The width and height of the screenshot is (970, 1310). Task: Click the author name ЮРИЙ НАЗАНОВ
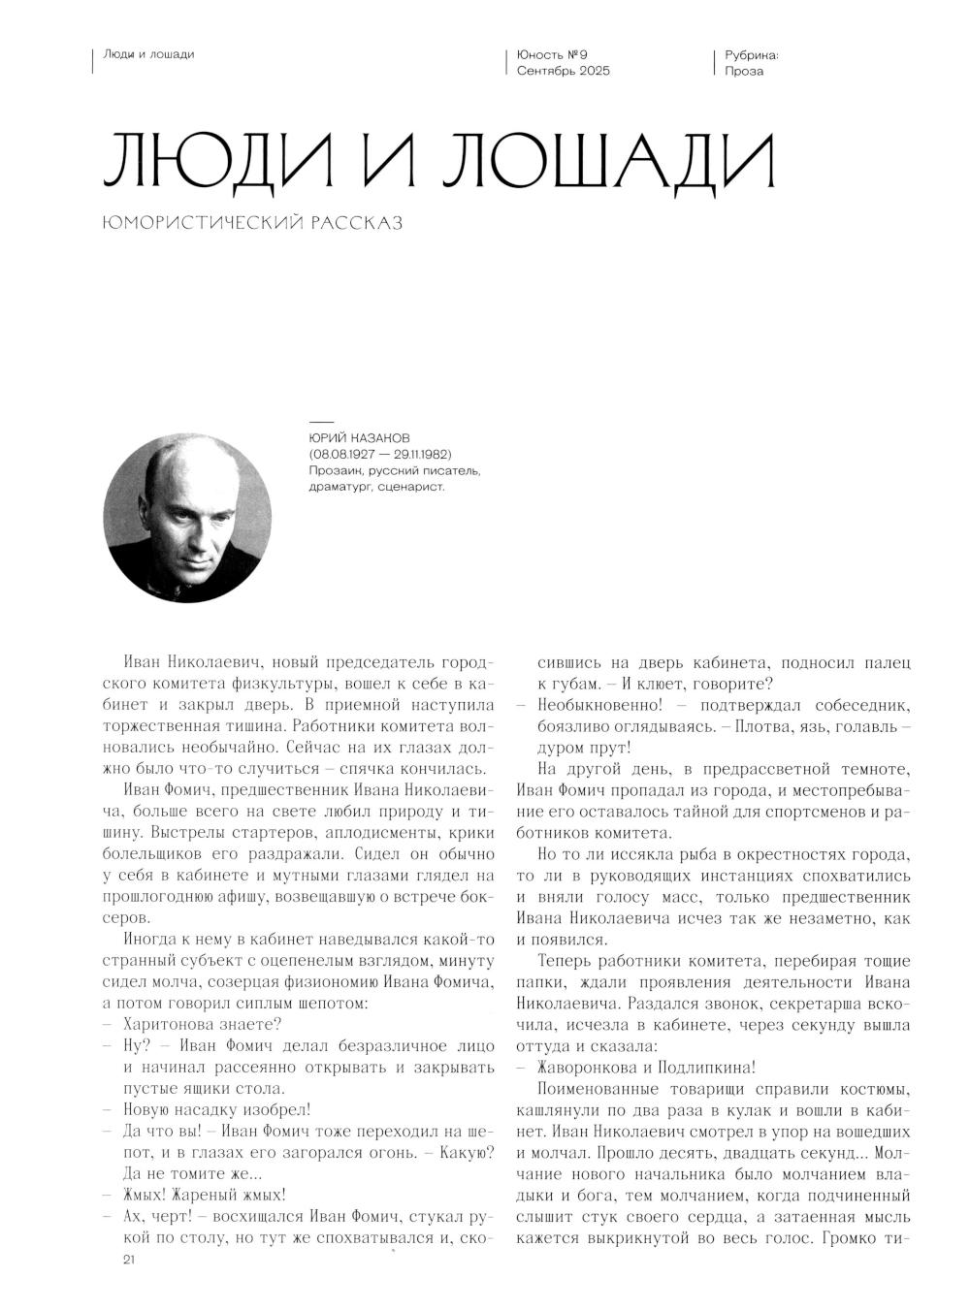click(358, 438)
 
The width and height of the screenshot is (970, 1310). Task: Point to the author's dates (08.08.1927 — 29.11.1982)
click(380, 454)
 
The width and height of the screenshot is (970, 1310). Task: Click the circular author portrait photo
click(187, 518)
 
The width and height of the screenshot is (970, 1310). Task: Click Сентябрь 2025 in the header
click(564, 71)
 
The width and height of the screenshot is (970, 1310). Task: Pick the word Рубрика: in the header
click(752, 54)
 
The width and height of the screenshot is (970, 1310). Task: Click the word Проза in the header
click(744, 71)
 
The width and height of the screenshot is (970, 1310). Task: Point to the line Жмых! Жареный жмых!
click(205, 1195)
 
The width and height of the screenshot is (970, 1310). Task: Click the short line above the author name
click(320, 423)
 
